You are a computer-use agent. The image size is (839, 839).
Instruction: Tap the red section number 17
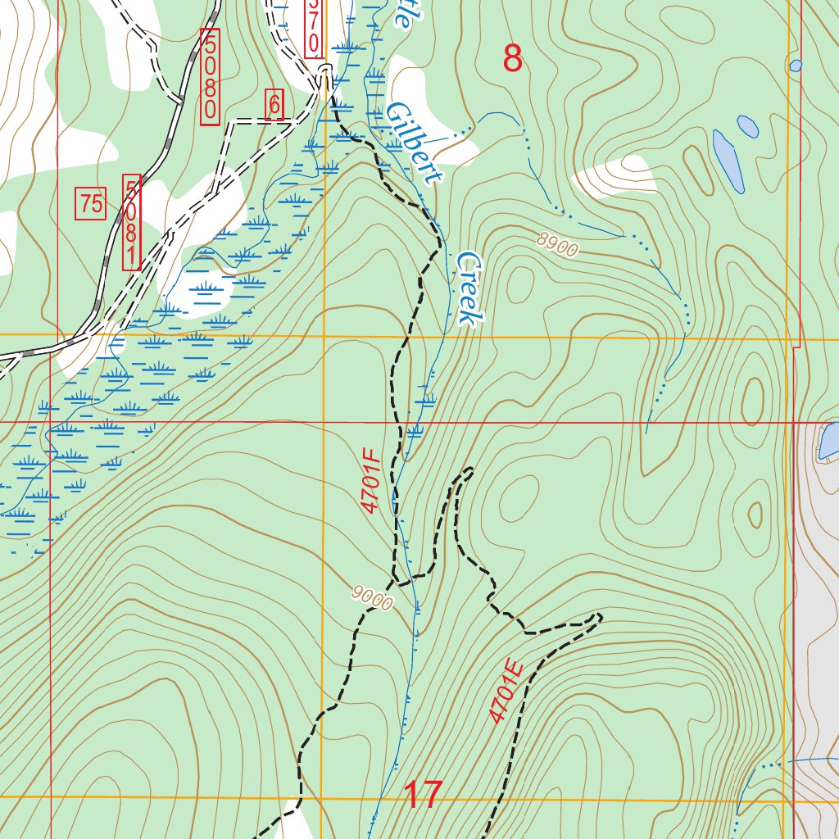424,795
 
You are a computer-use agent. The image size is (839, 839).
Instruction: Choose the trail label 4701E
506,692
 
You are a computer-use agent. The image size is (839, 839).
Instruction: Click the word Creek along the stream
468,287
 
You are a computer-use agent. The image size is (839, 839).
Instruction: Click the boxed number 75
92,203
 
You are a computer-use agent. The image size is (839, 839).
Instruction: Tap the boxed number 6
274,105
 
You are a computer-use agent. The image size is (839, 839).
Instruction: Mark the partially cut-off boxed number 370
313,29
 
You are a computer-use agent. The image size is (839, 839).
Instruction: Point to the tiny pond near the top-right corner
795,65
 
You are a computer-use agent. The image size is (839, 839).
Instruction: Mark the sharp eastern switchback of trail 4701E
601,615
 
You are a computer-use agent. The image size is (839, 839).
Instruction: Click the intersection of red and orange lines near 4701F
324,422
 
